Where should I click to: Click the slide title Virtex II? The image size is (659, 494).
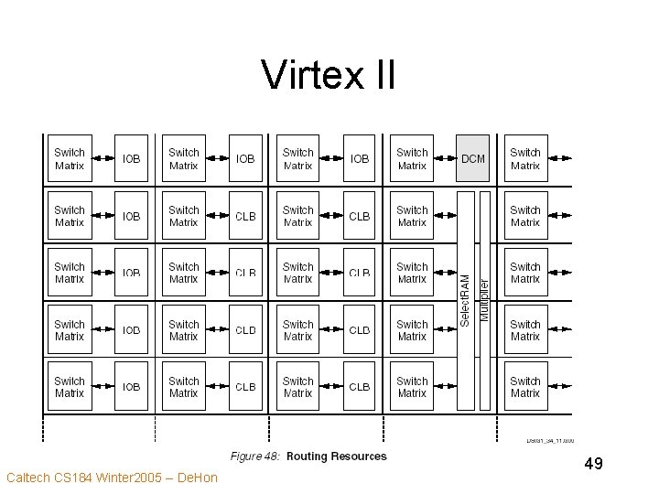tap(329, 75)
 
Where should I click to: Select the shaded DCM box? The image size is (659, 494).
tap(473, 158)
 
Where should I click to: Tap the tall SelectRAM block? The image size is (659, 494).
tap(466, 300)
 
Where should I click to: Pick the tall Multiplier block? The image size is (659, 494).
tap(485, 300)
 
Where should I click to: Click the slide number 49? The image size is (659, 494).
tap(593, 464)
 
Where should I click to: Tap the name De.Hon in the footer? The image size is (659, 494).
tap(199, 478)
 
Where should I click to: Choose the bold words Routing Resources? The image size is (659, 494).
tap(337, 456)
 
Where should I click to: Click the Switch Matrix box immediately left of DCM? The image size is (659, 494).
tap(412, 158)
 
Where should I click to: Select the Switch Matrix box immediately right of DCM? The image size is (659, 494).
tap(525, 158)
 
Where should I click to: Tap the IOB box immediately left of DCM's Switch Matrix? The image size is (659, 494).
tap(360, 158)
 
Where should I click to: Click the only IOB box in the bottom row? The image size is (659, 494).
tap(132, 387)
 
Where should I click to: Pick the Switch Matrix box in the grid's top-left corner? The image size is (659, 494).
tap(70, 158)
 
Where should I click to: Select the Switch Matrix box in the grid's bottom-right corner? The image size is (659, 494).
tap(525, 387)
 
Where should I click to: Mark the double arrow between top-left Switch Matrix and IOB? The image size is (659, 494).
tap(101, 158)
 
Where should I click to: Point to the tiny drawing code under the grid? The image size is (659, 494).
tap(549, 441)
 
